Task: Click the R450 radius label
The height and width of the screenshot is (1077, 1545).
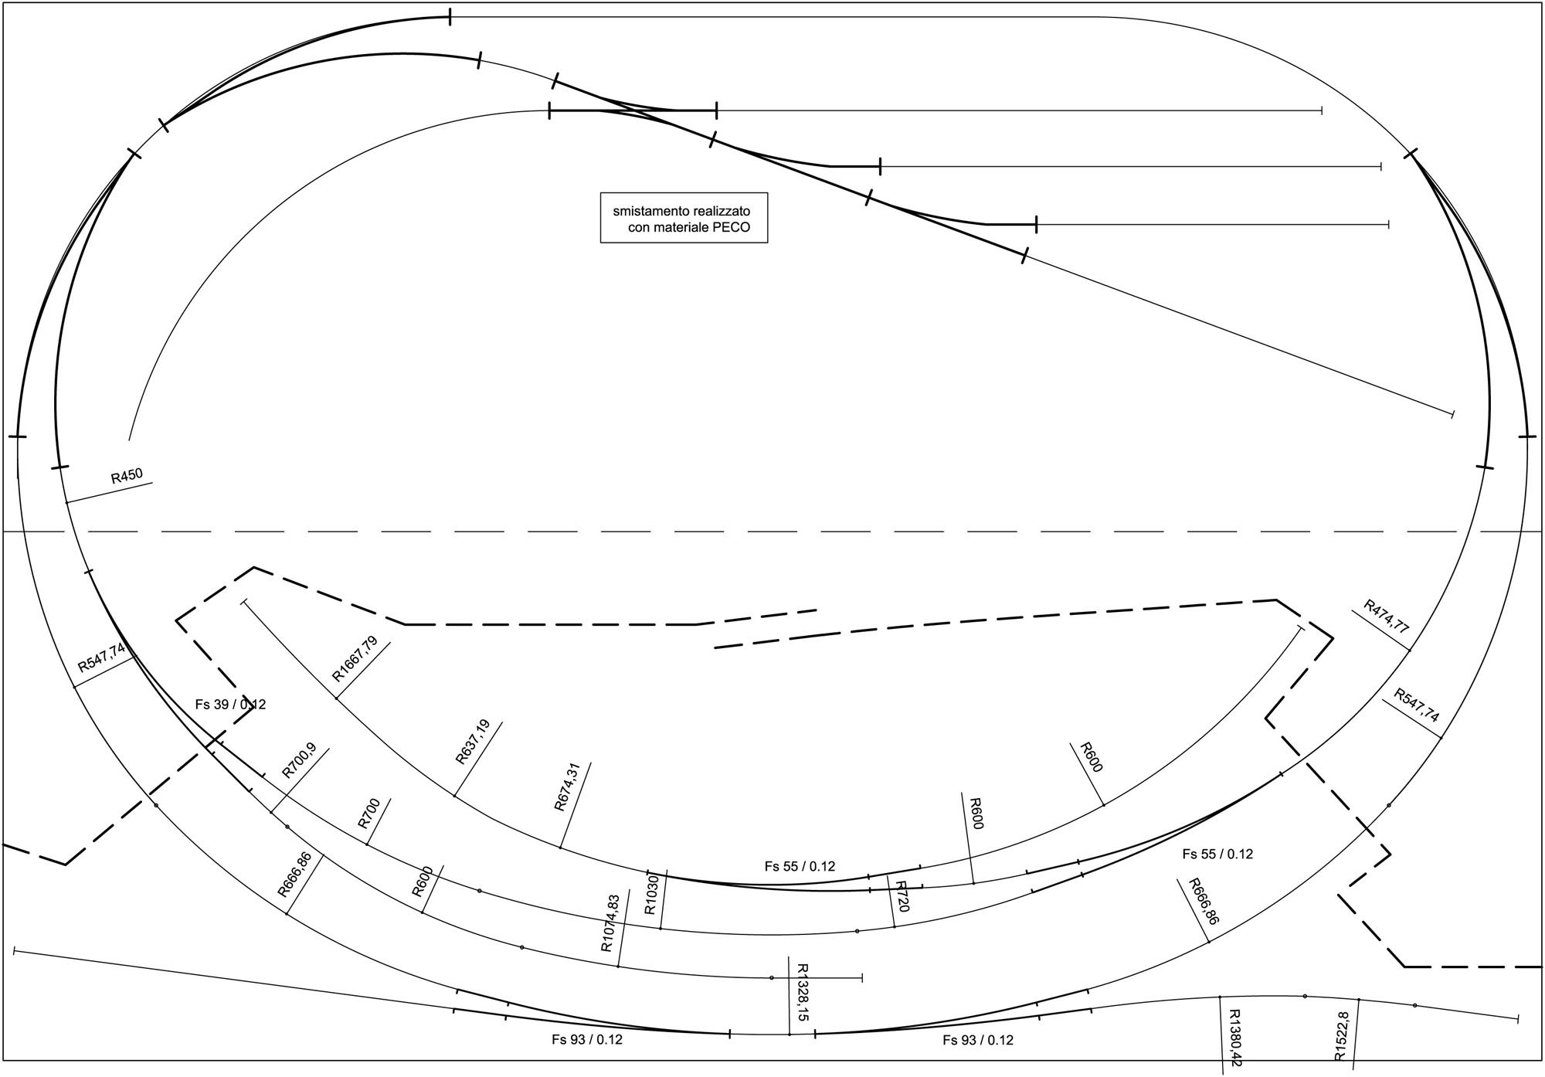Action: (x=127, y=475)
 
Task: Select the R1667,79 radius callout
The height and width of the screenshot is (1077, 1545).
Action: (x=355, y=658)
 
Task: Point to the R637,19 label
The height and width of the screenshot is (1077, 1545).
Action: (x=473, y=742)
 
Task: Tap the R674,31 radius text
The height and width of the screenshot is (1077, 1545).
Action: (x=566, y=787)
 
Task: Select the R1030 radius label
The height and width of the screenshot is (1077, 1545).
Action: (x=652, y=895)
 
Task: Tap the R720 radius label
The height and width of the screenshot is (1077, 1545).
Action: (x=902, y=895)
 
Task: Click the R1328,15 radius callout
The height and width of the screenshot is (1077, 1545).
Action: (x=801, y=992)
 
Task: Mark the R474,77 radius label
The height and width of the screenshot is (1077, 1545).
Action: (x=1387, y=617)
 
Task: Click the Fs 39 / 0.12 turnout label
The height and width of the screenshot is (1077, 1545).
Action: (x=230, y=705)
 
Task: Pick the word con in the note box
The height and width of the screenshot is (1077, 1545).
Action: (x=639, y=228)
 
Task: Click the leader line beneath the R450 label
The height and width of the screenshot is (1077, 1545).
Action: (x=109, y=493)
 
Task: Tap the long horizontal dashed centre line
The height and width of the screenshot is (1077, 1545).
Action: (x=772, y=532)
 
